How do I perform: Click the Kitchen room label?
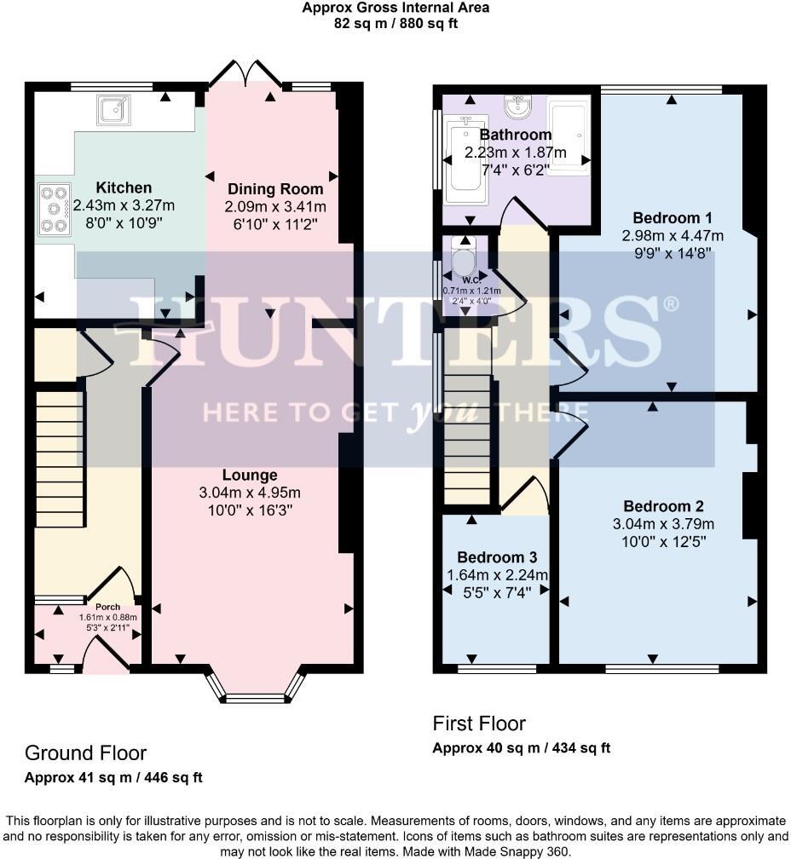click(124, 187)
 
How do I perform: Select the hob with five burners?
click(55, 208)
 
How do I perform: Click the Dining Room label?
click(274, 189)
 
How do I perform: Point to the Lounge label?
click(250, 475)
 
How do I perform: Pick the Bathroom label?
click(515, 135)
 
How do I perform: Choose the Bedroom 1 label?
click(673, 216)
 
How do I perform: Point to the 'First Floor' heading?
click(479, 724)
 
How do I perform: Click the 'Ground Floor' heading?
click(85, 753)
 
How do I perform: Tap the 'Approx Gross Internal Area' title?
click(395, 8)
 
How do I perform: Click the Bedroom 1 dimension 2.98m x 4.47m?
click(673, 235)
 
